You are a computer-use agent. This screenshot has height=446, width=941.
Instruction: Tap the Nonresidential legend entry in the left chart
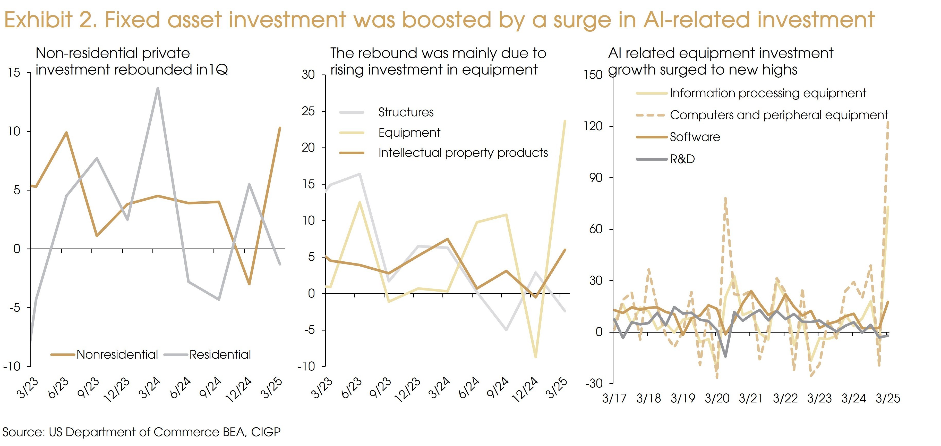tap(117, 354)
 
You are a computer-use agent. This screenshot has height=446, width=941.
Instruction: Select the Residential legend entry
tap(220, 354)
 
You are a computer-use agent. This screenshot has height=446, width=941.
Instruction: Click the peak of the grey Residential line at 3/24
tap(158, 88)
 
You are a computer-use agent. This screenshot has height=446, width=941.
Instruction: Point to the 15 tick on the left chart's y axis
tap(14, 73)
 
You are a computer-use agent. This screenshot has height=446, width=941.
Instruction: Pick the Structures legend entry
tap(406, 112)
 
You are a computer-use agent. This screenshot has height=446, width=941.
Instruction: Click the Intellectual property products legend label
tap(463, 153)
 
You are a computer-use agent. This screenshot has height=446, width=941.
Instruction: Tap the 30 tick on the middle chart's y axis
tap(308, 75)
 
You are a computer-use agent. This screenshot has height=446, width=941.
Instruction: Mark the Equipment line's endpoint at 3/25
tap(565, 121)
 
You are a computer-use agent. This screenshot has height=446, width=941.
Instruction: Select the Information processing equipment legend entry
tap(767, 93)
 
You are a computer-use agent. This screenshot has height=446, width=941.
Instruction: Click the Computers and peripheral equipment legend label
tap(779, 115)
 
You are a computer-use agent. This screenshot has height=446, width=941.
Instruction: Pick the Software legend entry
tap(695, 137)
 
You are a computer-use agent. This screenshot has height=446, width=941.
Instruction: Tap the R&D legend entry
tap(682, 159)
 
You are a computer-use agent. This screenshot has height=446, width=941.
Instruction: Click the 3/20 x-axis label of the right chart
tap(717, 398)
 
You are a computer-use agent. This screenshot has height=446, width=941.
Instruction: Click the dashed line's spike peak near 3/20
tap(725, 199)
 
